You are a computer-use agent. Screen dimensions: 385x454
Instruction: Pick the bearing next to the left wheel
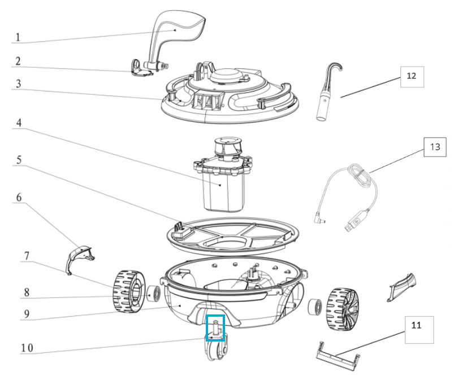click(153, 294)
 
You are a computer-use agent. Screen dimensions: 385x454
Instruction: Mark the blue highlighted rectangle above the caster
click(215, 328)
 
